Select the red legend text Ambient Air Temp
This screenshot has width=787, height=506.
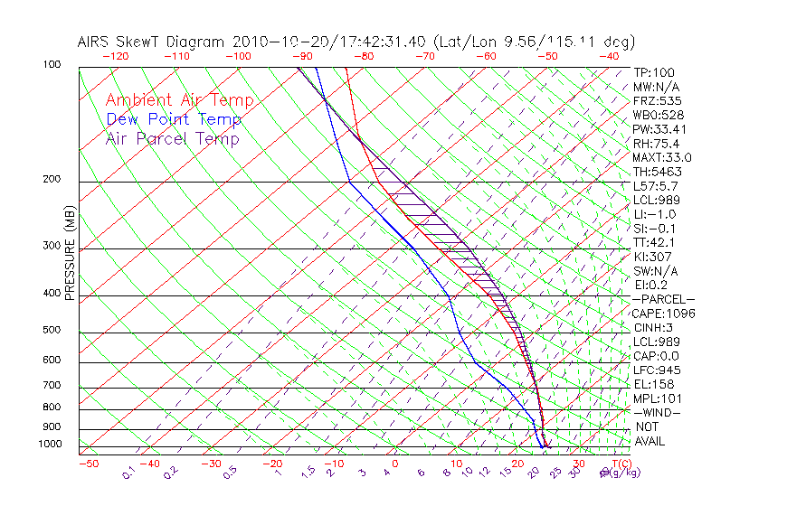click(x=179, y=100)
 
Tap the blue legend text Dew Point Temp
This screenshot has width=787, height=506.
click(x=174, y=120)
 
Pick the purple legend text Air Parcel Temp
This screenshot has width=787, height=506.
click(x=173, y=139)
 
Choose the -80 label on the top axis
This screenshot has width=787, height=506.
click(x=363, y=56)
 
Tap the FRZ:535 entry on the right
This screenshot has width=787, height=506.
click(x=655, y=101)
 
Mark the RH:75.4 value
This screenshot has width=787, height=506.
click(x=656, y=144)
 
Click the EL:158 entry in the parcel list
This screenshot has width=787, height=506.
click(x=652, y=384)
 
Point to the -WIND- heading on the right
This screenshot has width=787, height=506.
click(x=657, y=412)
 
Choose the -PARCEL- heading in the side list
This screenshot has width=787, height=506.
click(x=664, y=299)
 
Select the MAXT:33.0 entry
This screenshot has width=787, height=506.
click(x=662, y=157)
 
